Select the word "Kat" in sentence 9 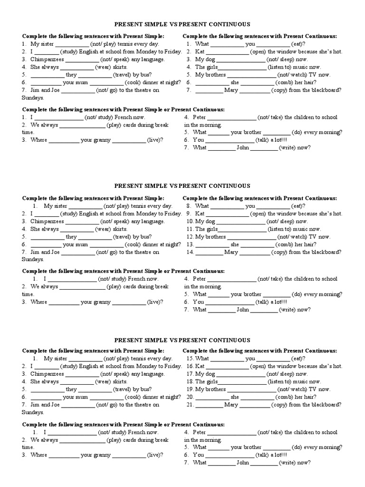[200, 214]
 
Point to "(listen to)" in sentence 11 [280, 229]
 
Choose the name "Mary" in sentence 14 [231, 252]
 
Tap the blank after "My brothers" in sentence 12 [252, 237]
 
